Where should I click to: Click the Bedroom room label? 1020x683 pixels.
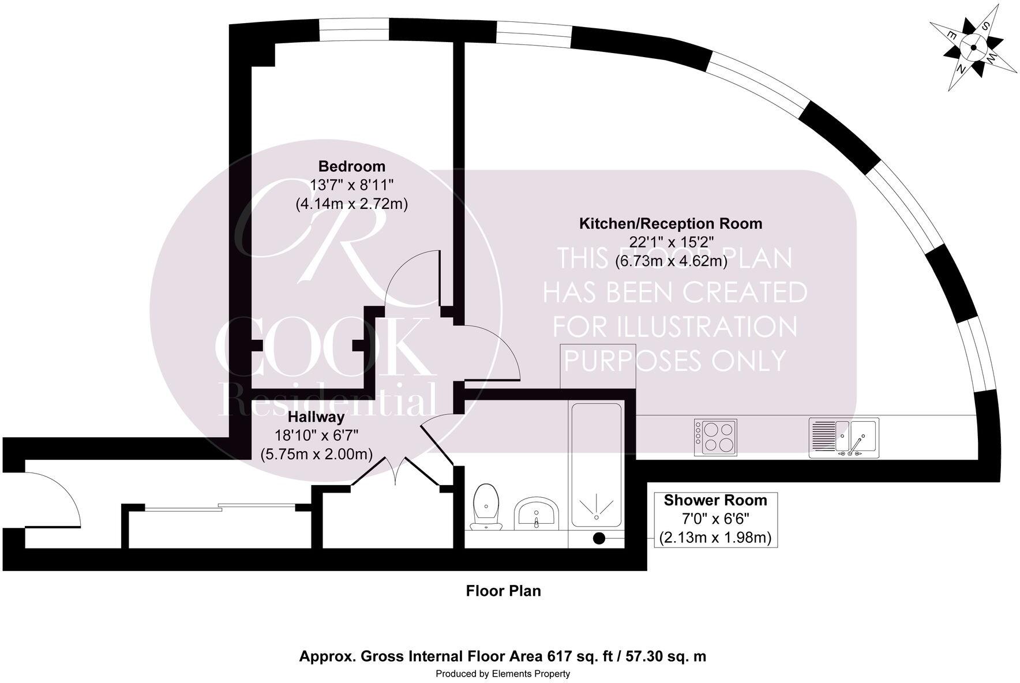(351, 166)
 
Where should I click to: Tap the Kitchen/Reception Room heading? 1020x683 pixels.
(670, 223)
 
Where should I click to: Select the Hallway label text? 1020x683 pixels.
(316, 416)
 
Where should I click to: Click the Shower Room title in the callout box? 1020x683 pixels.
(715, 500)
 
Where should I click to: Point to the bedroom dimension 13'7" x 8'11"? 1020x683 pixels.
(351, 185)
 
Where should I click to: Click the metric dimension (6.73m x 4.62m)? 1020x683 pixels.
(670, 261)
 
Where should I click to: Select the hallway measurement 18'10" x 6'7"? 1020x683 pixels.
(316, 435)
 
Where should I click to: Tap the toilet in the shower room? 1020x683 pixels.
(486, 506)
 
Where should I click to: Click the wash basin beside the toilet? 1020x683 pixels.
(537, 513)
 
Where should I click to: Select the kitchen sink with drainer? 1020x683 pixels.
(843, 438)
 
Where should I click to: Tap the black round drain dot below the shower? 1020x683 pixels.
(599, 539)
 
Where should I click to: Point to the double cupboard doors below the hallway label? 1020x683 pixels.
(394, 472)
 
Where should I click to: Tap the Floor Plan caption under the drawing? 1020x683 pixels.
(503, 591)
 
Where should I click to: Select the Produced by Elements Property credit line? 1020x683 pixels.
(502, 674)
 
